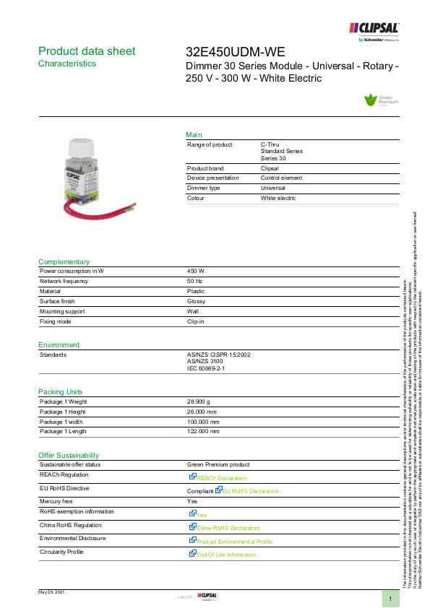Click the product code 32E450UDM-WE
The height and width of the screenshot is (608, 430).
[236, 52]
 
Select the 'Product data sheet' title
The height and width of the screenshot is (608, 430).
[87, 51]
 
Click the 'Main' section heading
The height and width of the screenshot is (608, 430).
[194, 135]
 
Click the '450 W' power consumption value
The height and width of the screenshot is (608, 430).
[196, 271]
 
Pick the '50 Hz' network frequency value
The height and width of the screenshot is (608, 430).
[194, 281]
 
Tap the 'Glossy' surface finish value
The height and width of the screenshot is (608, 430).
[196, 301]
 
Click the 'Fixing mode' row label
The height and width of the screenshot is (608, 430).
[56, 321]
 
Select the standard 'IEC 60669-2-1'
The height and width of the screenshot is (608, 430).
[207, 368]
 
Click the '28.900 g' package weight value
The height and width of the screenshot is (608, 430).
[199, 401]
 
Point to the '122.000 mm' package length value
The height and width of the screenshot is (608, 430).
[203, 431]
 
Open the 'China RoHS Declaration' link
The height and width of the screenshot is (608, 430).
[228, 528]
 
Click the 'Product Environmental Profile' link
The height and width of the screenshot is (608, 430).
[234, 541]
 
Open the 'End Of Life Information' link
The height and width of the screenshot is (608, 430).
[226, 555]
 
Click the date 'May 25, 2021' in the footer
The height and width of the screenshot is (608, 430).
[52, 591]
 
